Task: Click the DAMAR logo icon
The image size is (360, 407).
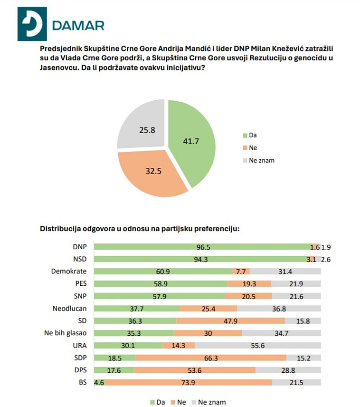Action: coord(32,24)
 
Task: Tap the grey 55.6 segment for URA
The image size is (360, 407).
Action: coord(258,345)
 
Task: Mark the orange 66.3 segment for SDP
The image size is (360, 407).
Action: coord(211,358)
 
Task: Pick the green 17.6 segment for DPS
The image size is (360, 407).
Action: coord(114,370)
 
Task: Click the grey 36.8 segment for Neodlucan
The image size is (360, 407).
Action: coord(279,308)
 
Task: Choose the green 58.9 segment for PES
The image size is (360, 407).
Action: coord(161,283)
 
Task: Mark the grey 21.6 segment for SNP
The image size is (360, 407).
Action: coord(296,296)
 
